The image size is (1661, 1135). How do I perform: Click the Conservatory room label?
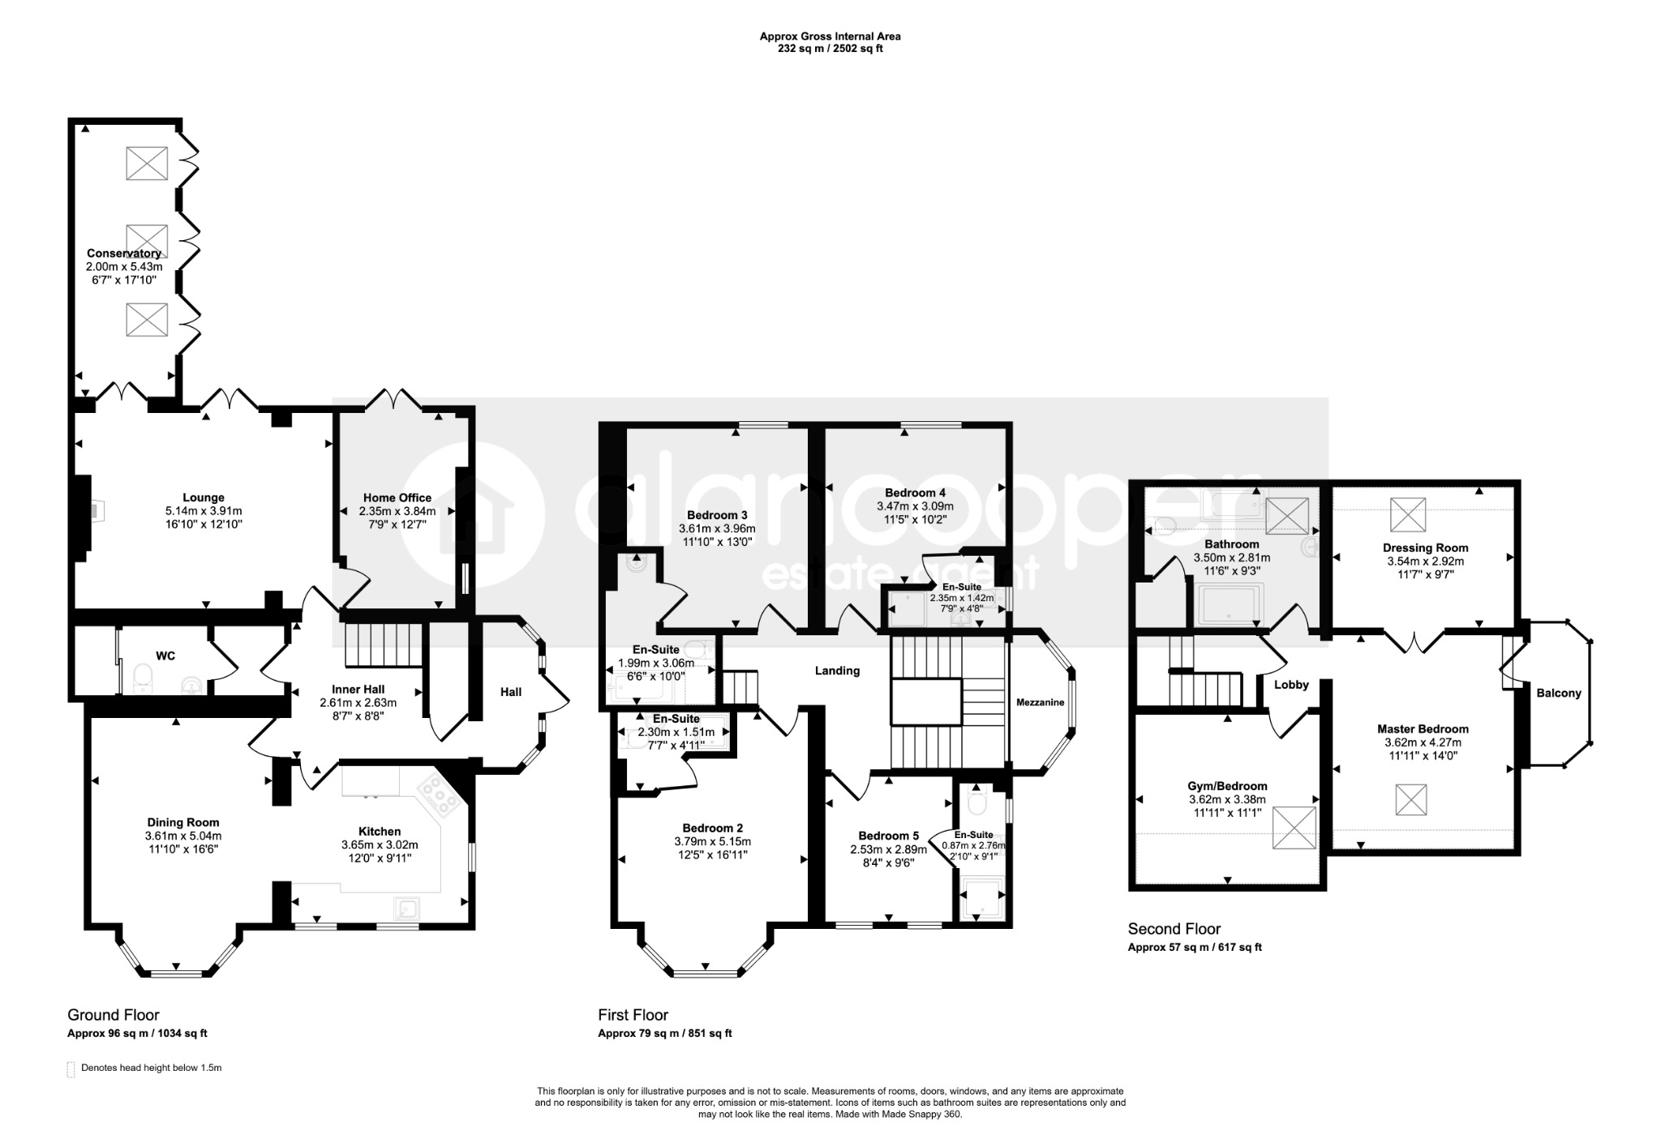(x=124, y=253)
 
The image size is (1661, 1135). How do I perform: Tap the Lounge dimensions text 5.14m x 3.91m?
(x=204, y=511)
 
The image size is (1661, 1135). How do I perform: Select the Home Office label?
(x=397, y=498)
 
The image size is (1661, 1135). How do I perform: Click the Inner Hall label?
(x=358, y=690)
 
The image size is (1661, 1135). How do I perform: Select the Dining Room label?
(x=183, y=823)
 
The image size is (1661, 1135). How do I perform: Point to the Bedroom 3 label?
(x=717, y=515)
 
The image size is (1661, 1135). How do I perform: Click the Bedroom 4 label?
(x=915, y=492)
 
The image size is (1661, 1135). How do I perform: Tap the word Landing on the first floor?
(x=837, y=671)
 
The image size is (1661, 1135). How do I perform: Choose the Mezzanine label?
(x=1040, y=703)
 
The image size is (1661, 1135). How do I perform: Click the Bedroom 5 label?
(x=889, y=836)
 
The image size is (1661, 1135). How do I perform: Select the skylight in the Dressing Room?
(x=1408, y=514)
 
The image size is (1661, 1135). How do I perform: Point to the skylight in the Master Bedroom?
(x=1410, y=799)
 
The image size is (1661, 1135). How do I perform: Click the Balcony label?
(x=1559, y=694)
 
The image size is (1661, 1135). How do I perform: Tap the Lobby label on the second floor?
(x=1291, y=685)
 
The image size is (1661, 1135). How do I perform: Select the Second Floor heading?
(x=1174, y=929)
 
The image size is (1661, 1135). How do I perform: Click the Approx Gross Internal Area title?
(x=830, y=37)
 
